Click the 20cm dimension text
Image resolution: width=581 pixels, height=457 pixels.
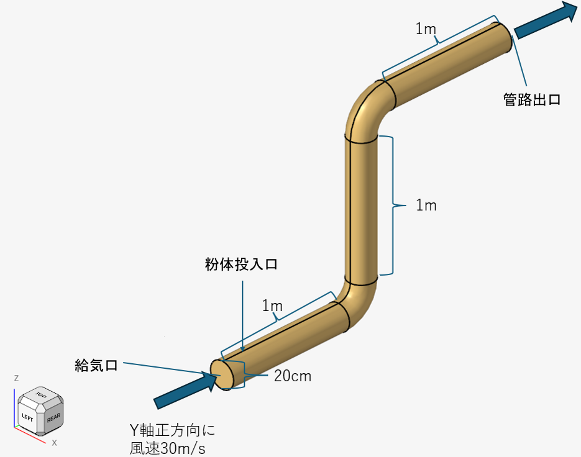pyautogui.click(x=292, y=376)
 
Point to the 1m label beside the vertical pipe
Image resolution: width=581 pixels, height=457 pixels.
pyautogui.click(x=426, y=206)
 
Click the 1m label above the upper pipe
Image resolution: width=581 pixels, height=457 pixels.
pyautogui.click(x=426, y=29)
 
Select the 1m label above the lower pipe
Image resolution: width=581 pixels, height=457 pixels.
pyautogui.click(x=272, y=305)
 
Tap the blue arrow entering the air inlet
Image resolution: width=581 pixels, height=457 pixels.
pyautogui.click(x=185, y=390)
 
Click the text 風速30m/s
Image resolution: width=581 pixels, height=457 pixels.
pyautogui.click(x=167, y=448)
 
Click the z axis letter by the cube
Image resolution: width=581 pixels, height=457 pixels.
pyautogui.click(x=16, y=378)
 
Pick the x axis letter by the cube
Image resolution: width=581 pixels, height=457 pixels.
pyautogui.click(x=55, y=443)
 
